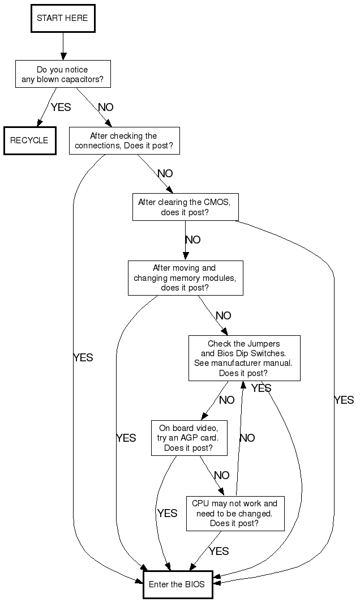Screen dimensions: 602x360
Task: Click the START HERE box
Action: pyautogui.click(x=62, y=18)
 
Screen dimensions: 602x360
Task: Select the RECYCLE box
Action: pyautogui.click(x=29, y=140)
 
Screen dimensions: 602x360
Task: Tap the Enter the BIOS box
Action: pyautogui.click(x=177, y=584)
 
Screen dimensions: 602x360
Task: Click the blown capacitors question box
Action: pyautogui.click(x=62, y=74)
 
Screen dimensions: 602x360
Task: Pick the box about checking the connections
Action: pyautogui.click(x=124, y=140)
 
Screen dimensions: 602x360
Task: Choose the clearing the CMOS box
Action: pyautogui.click(x=185, y=207)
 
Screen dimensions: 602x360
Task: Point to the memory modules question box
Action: pyautogui.click(x=185, y=277)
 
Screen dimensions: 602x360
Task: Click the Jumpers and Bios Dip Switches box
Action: pyautogui.click(x=243, y=358)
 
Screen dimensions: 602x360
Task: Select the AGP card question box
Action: pyautogui.click(x=189, y=437)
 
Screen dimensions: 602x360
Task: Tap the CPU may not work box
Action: pyautogui.click(x=234, y=513)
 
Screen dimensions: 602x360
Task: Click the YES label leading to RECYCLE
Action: pyautogui.click(x=61, y=107)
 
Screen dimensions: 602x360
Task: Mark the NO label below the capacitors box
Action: pyautogui.click(x=105, y=107)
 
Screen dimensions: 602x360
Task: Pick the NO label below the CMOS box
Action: pyautogui.click(x=192, y=240)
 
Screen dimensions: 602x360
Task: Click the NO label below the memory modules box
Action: pyautogui.click(x=223, y=315)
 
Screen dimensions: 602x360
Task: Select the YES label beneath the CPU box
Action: pyautogui.click(x=218, y=551)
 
